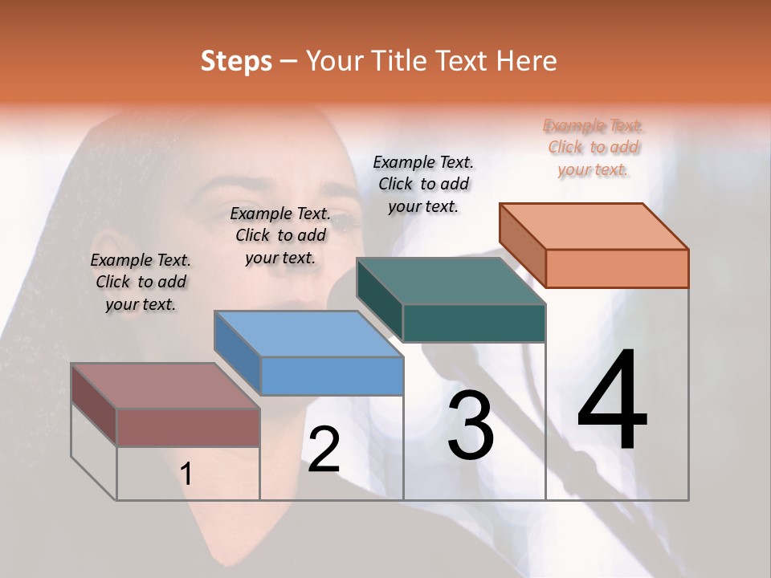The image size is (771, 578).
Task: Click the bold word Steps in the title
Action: (236, 61)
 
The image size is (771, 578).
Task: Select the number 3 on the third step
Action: (471, 425)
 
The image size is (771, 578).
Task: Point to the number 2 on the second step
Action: (324, 450)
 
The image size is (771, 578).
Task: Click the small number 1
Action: (186, 474)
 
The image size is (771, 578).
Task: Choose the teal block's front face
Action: (474, 323)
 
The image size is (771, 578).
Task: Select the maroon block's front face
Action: (188, 427)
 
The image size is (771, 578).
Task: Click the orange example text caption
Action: (593, 147)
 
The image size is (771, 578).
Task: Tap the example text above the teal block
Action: (423, 184)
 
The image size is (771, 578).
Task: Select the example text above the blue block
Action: (280, 235)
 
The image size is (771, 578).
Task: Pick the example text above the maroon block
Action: (141, 282)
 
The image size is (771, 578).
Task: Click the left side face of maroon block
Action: (94, 405)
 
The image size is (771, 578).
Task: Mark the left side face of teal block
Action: (380, 299)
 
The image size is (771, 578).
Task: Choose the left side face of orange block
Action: (523, 245)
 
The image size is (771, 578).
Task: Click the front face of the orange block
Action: (617, 268)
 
